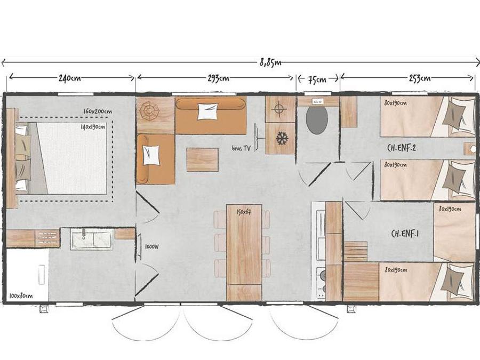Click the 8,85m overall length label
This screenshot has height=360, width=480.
coord(270,63)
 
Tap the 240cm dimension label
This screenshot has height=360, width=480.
coord(70,78)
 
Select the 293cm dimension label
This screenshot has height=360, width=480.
coord(218,78)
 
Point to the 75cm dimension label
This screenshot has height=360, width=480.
coord(317,79)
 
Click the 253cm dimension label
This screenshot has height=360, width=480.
coord(420,78)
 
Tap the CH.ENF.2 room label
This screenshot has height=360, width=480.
coord(401,148)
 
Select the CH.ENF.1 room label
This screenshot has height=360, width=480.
coord(405,234)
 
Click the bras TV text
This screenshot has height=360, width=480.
coord(242,148)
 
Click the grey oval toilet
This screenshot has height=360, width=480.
coord(317,119)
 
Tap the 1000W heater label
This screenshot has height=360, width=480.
coord(152,247)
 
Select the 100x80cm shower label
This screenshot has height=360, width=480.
coord(21,296)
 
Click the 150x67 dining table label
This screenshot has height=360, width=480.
coord(244,212)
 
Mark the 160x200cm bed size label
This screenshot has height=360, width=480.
coord(98,111)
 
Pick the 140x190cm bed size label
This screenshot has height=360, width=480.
coord(93,127)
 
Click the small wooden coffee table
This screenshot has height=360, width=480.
coord(202,159)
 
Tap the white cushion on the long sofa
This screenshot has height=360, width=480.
coord(208,111)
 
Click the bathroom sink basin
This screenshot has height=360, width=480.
coord(92,239)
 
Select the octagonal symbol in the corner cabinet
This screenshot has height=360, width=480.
coord(150,110)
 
